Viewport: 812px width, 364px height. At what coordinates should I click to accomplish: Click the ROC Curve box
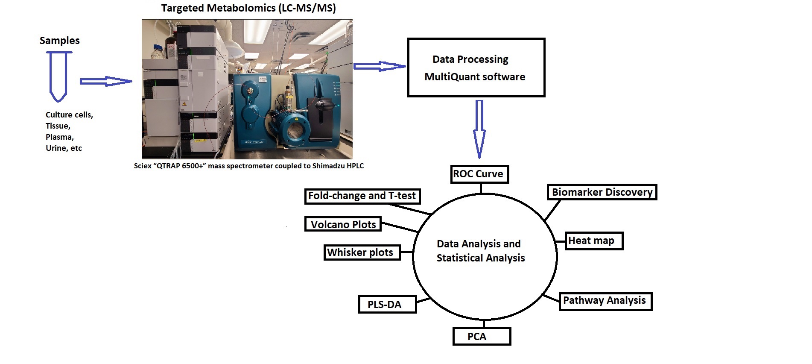[479, 174]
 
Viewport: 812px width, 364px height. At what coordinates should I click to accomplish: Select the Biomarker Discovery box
[602, 192]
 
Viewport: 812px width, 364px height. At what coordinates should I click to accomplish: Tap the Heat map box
[594, 241]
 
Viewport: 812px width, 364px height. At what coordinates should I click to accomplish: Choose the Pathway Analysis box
[605, 301]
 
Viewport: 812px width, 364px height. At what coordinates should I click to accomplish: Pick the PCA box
[482, 337]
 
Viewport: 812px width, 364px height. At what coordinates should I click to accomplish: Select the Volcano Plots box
[343, 224]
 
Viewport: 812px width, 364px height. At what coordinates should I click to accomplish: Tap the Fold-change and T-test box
[362, 196]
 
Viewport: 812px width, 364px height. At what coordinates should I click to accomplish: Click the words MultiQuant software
[475, 77]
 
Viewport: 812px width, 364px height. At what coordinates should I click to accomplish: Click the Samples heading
[60, 41]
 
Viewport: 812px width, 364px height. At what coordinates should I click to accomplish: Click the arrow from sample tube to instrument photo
[105, 82]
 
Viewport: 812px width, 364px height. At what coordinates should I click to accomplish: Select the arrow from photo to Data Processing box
[379, 66]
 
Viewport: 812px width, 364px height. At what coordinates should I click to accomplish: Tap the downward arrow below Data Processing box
[479, 129]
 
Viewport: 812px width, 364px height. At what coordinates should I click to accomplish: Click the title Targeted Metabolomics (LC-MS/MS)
[248, 9]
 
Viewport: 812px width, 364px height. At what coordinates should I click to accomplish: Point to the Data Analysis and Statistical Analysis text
[480, 251]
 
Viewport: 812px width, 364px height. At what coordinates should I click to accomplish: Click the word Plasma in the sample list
[59, 137]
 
